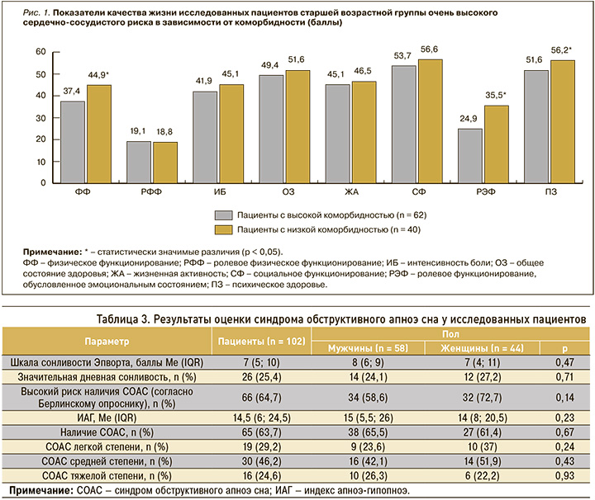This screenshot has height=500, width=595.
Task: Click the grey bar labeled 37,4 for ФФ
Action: [73, 143]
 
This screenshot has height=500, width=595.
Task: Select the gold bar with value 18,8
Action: [165, 163]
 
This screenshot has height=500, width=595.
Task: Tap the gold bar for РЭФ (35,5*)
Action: [497, 144]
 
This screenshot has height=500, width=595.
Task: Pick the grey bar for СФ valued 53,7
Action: [404, 125]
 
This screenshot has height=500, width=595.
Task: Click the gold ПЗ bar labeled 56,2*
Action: [563, 122]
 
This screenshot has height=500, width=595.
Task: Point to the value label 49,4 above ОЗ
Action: [269, 65]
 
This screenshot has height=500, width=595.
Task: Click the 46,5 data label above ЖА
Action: [363, 71]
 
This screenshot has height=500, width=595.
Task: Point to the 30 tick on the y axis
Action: [40, 118]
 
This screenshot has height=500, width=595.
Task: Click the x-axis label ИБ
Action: [220, 192]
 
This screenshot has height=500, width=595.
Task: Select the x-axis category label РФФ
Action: [151, 192]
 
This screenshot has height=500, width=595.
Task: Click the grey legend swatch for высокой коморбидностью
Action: [223, 215]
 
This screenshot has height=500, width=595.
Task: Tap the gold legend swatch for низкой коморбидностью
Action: [223, 230]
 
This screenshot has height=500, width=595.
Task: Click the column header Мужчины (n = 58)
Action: [368, 348]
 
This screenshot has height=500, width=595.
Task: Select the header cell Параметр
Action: [107, 342]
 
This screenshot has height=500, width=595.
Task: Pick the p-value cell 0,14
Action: [564, 398]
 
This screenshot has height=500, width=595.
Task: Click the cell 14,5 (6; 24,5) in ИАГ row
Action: [262, 417]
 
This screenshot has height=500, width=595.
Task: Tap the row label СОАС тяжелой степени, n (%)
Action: [107, 476]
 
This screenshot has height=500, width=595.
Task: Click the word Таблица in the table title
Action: [117, 319]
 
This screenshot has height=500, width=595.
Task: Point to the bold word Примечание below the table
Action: [41, 491]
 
